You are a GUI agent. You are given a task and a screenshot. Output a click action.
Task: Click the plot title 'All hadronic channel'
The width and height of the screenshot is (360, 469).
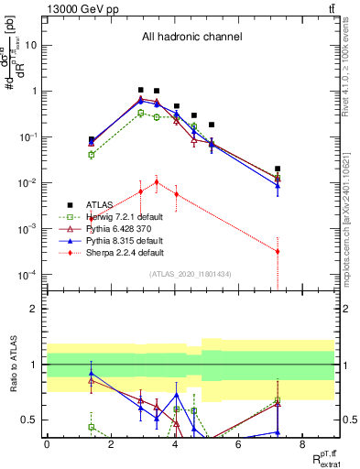tap(191, 38)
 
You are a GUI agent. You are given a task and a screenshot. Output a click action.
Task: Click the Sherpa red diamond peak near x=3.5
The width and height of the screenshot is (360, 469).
tap(157, 181)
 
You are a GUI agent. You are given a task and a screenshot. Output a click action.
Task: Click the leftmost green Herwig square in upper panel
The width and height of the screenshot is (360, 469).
tap(92, 154)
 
